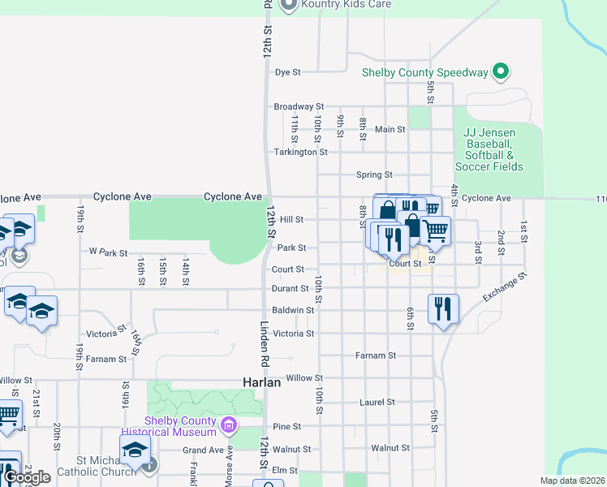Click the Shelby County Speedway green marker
(x=502, y=72)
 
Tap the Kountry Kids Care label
(x=346, y=5)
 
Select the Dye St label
(x=287, y=72)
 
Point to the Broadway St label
(x=298, y=106)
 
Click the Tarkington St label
(x=299, y=152)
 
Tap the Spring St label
(x=374, y=175)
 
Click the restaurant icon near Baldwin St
(x=443, y=309)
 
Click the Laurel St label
(x=377, y=402)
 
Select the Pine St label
(x=286, y=426)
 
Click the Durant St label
(x=291, y=288)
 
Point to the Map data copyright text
(x=573, y=481)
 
